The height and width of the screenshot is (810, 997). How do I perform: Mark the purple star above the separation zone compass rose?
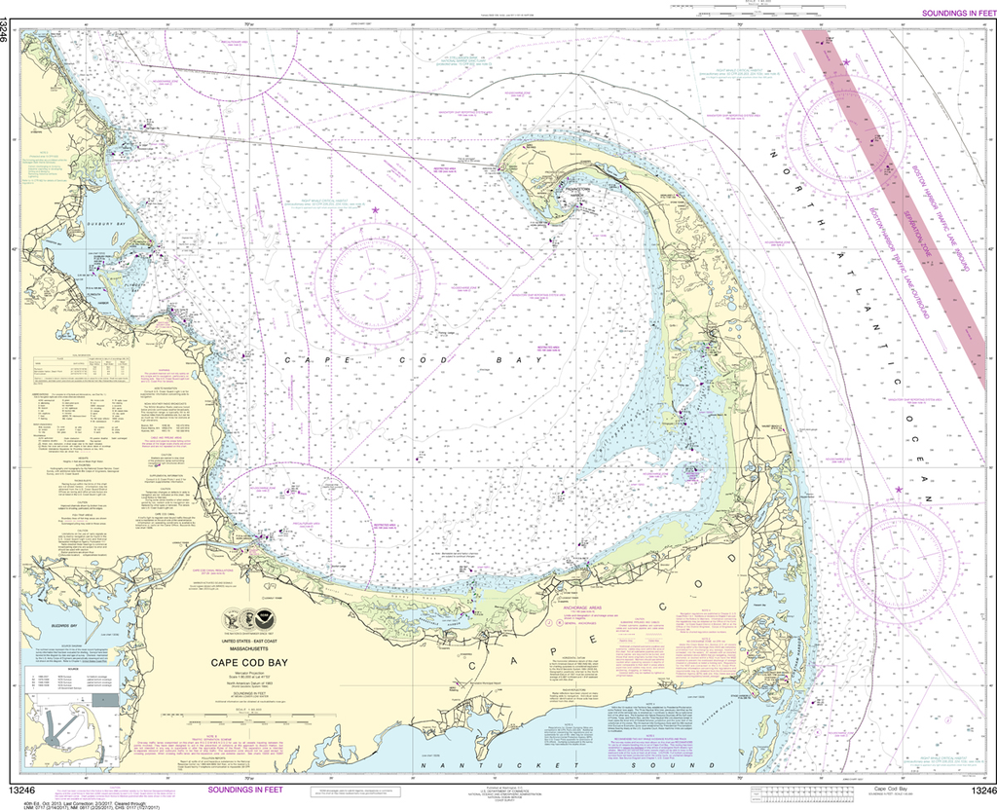point(846,62)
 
